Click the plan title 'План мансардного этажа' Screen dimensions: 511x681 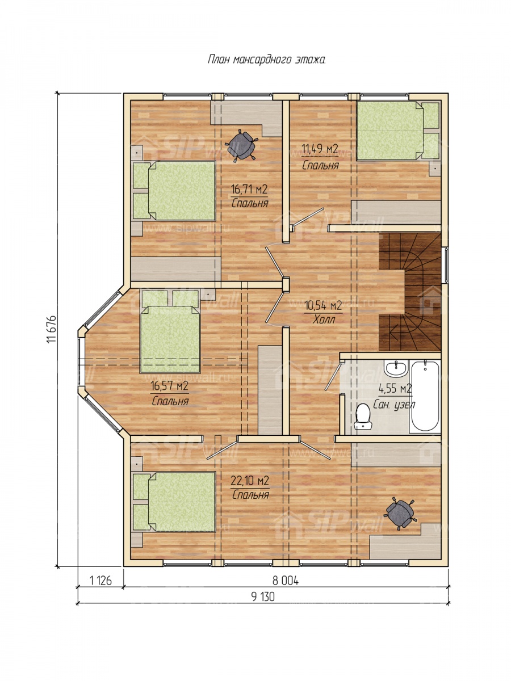[x=266, y=59]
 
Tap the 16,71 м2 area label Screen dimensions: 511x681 [x=249, y=189]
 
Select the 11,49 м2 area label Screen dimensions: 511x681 [x=320, y=149]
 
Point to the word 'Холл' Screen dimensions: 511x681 [x=324, y=320]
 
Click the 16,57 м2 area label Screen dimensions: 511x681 [x=170, y=386]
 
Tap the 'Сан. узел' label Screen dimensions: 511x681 [x=393, y=405]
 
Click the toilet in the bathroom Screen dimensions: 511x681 [x=363, y=417]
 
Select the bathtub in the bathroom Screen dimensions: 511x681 [x=425, y=396]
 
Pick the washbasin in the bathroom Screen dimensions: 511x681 [x=396, y=369]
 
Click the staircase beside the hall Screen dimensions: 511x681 [x=410, y=292]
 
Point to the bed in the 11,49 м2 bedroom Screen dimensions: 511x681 [x=398, y=131]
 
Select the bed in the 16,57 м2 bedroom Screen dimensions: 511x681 [x=170, y=331]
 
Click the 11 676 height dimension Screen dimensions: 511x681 [x=52, y=329]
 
